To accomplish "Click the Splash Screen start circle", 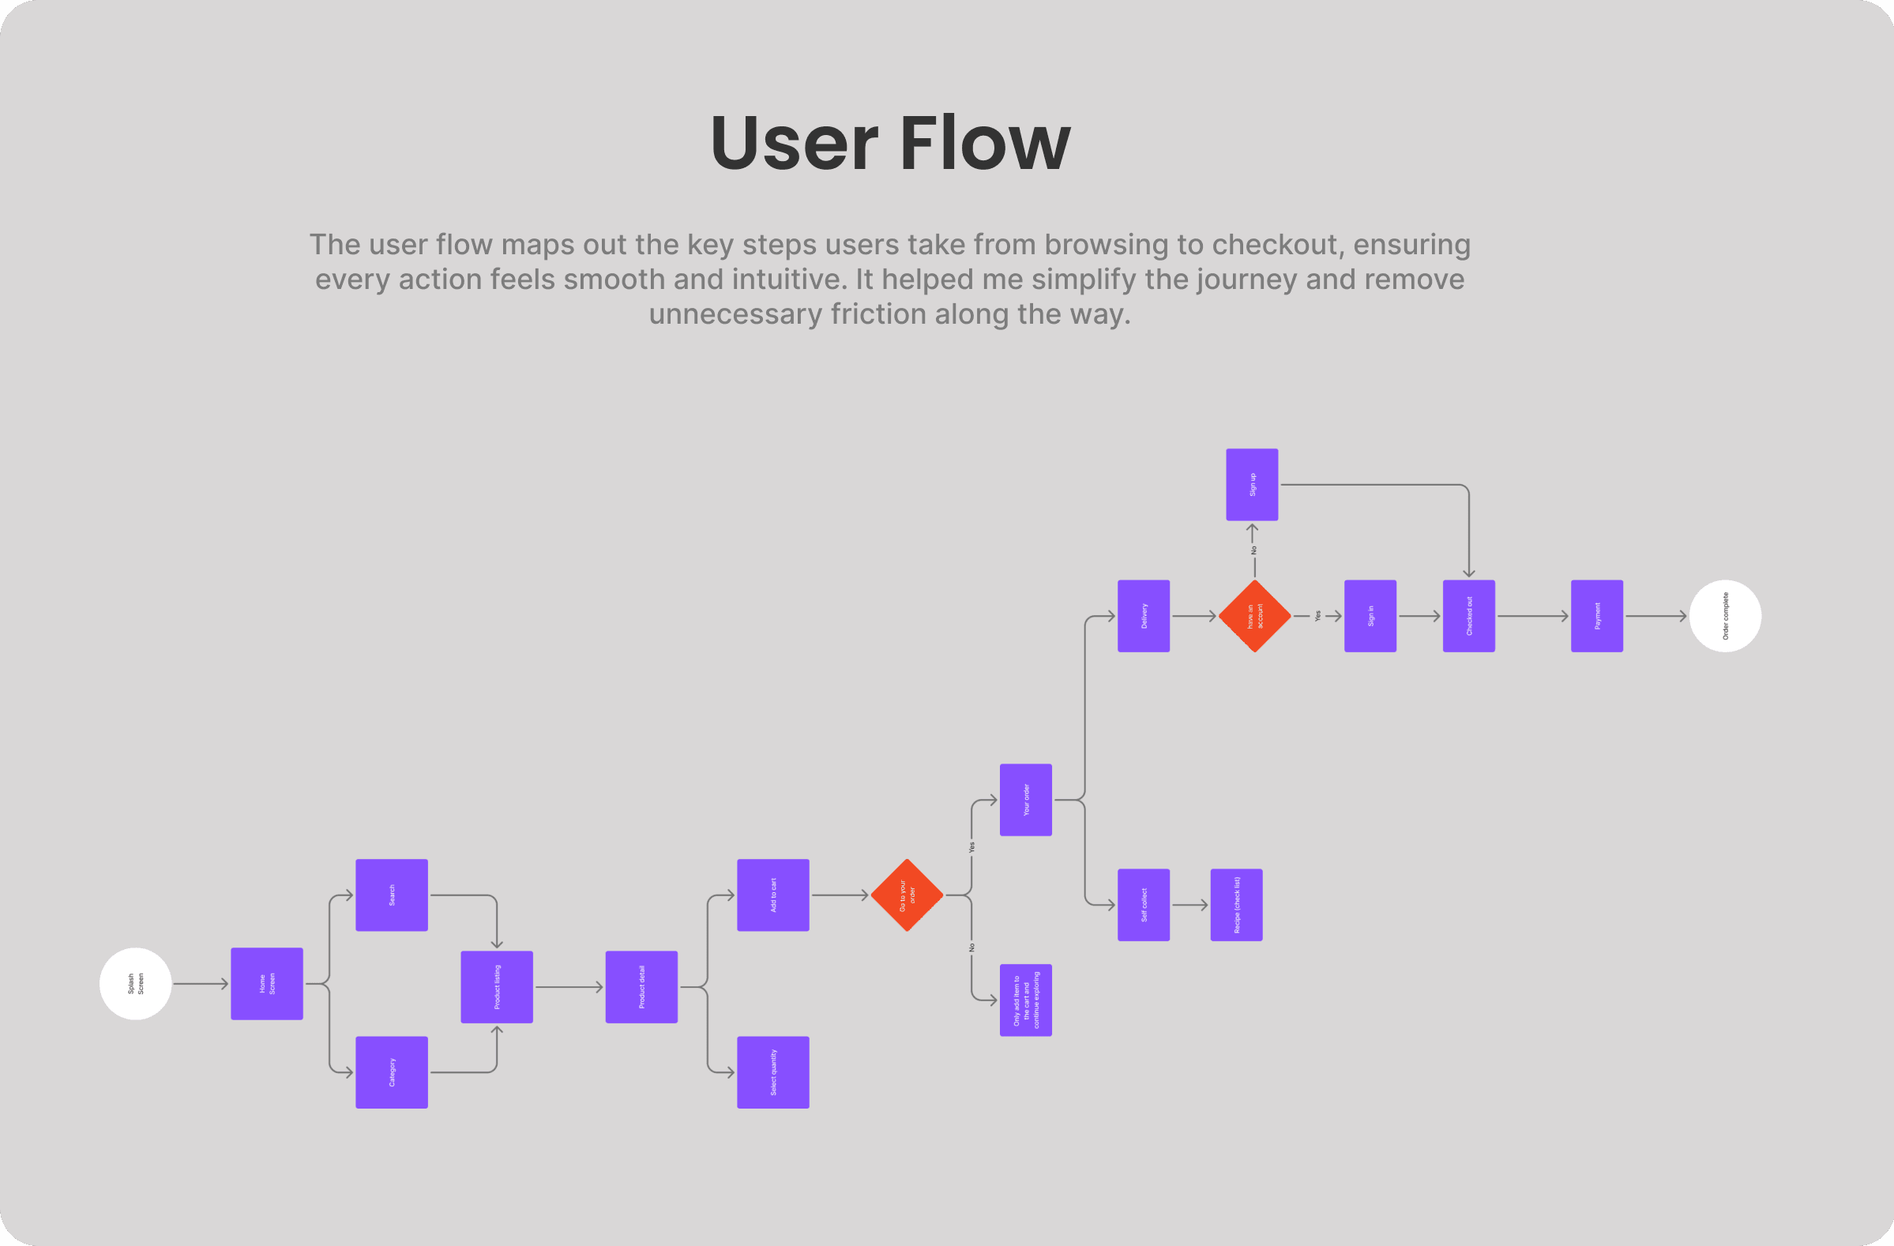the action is (135, 983).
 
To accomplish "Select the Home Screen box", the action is (267, 983).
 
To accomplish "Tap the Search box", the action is (392, 895).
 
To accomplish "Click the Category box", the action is (392, 1071).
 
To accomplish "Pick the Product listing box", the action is (497, 987).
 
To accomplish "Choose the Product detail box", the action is (641, 987).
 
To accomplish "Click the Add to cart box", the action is (772, 895).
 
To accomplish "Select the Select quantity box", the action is (772, 1071).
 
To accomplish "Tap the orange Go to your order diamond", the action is (907, 895).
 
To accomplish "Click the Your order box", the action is (1025, 800).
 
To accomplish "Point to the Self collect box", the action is (1144, 905).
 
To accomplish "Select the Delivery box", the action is (1144, 616).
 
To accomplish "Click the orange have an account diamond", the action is (1254, 616).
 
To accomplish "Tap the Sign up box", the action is (1252, 485).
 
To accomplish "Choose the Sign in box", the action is (1370, 616).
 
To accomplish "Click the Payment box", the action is (1596, 616).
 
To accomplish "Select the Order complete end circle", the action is (1724, 616).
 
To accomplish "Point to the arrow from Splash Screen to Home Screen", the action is (201, 983).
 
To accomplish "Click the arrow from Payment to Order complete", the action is (1655, 616).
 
